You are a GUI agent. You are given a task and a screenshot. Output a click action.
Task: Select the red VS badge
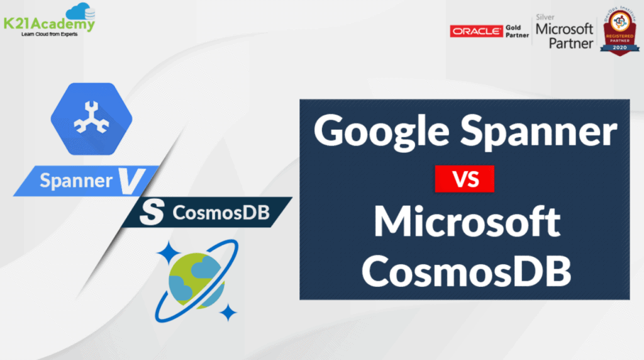(464, 179)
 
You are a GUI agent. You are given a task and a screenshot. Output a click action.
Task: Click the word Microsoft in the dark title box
(465, 223)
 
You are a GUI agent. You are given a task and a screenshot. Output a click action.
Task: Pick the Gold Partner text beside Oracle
(518, 31)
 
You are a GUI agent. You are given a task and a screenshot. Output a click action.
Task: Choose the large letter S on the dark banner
(147, 213)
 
